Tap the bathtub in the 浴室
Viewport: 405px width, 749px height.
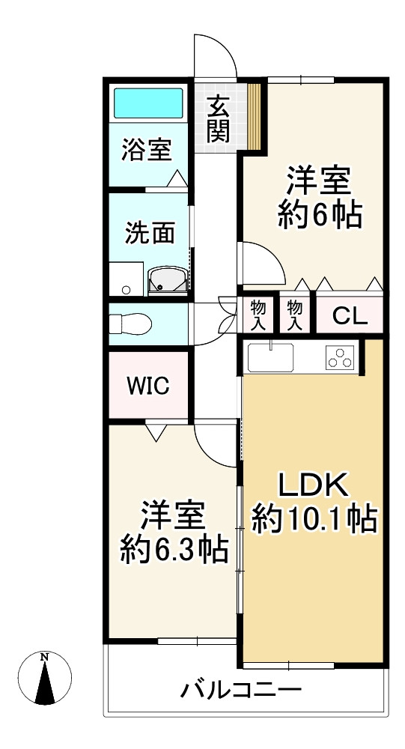[x=147, y=103]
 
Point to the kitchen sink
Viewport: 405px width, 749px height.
[x=270, y=357]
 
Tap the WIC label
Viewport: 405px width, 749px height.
[x=147, y=386]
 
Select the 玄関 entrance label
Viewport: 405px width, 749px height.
[x=218, y=119]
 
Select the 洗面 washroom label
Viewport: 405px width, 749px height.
[x=150, y=233]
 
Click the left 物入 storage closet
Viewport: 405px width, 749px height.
[x=258, y=315]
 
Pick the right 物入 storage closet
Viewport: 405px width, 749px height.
[x=295, y=315]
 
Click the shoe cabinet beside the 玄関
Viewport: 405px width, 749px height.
[x=255, y=116]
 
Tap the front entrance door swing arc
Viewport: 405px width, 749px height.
[x=215, y=55]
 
